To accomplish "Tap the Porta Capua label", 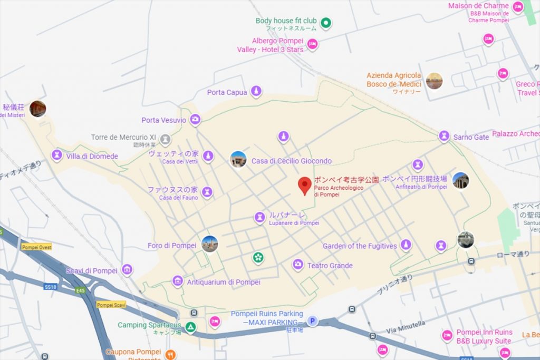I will (227, 92).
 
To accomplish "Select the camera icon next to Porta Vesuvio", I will (196, 120).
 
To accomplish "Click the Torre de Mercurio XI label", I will (123, 137).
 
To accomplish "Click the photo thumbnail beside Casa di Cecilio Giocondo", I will (238, 159).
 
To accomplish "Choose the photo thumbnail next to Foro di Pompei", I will (209, 244).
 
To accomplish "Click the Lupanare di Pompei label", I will (294, 223).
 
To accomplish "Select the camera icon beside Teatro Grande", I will (298, 265).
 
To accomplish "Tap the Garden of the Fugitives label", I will (360, 246).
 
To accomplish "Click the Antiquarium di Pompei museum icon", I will (177, 281).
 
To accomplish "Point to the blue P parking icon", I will (312, 321).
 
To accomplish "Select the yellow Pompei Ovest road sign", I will (36, 247).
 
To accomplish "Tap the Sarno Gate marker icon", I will (444, 136).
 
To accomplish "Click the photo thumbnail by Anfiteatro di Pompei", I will (460, 180).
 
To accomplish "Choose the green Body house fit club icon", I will (326, 22).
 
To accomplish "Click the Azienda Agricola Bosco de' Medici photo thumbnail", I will (434, 81).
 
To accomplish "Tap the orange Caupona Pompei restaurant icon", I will (170, 354).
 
